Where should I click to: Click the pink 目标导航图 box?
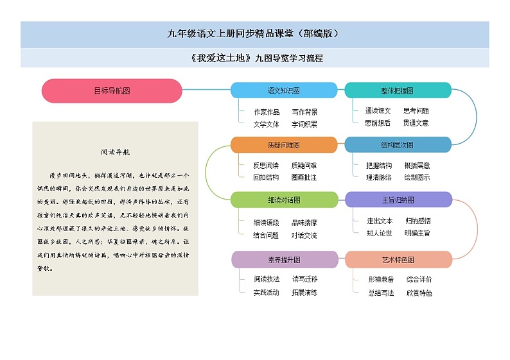pos(112,90)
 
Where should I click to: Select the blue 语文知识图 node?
pos(283,90)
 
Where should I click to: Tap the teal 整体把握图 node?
pos(398,90)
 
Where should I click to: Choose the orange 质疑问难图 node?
pos(283,144)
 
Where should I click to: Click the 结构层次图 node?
pos(398,144)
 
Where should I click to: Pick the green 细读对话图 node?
pos(283,200)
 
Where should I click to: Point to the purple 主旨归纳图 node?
pos(398,200)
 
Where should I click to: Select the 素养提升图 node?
pos(283,259)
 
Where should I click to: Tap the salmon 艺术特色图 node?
pos(398,259)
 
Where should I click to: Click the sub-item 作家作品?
pos(267,112)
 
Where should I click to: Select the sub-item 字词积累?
pos(304,124)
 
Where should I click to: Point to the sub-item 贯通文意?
pos(416,123)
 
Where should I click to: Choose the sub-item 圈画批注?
pos(304,177)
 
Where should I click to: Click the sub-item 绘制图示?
pos(417,177)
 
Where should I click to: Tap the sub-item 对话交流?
pos(304,236)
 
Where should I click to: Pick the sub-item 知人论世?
pos(380,233)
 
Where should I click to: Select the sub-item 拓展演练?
pos(304,292)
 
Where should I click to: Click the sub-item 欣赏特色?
pos(419,293)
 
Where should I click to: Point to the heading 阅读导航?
pos(115,153)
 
